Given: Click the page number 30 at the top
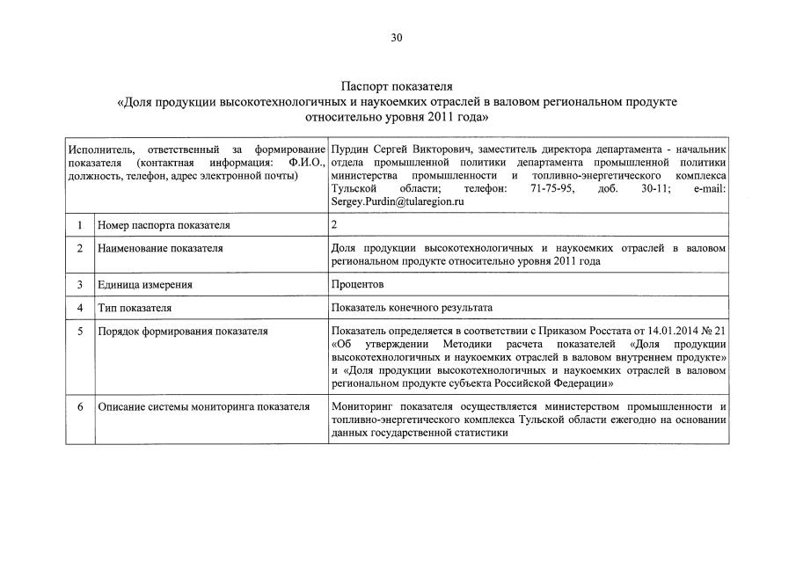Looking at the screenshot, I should pos(397,37).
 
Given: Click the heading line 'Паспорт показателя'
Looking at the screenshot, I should pos(397,87).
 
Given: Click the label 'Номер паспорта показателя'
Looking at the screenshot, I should pos(164,225).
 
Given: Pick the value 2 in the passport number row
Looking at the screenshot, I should pos(334,225).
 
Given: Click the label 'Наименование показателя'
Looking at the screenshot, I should pos(160,248).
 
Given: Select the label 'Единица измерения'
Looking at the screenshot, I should pos(145,285).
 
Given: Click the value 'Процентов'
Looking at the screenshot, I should pos(357,285).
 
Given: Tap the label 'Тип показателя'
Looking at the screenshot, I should pos(135,308).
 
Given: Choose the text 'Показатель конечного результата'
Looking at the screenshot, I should pos(412,308).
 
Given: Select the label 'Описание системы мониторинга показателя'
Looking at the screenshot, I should pos(204,406).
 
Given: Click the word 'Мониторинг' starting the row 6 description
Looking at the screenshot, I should pos(362,406).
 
